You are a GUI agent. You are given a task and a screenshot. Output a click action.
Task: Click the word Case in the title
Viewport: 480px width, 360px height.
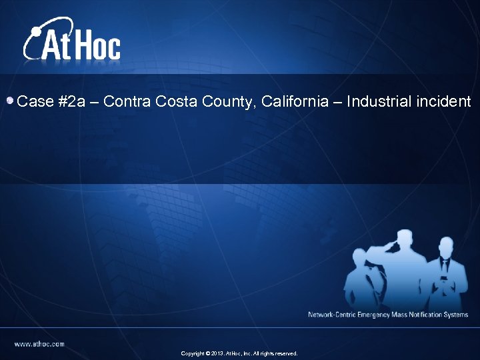click(x=35, y=102)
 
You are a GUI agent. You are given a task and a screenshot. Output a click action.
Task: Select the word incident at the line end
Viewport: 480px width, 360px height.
click(x=443, y=102)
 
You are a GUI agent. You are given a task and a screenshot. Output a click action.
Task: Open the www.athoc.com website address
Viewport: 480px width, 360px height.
click(x=40, y=344)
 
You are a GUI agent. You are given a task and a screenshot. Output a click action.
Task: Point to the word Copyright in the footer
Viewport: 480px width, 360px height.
click(x=193, y=353)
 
